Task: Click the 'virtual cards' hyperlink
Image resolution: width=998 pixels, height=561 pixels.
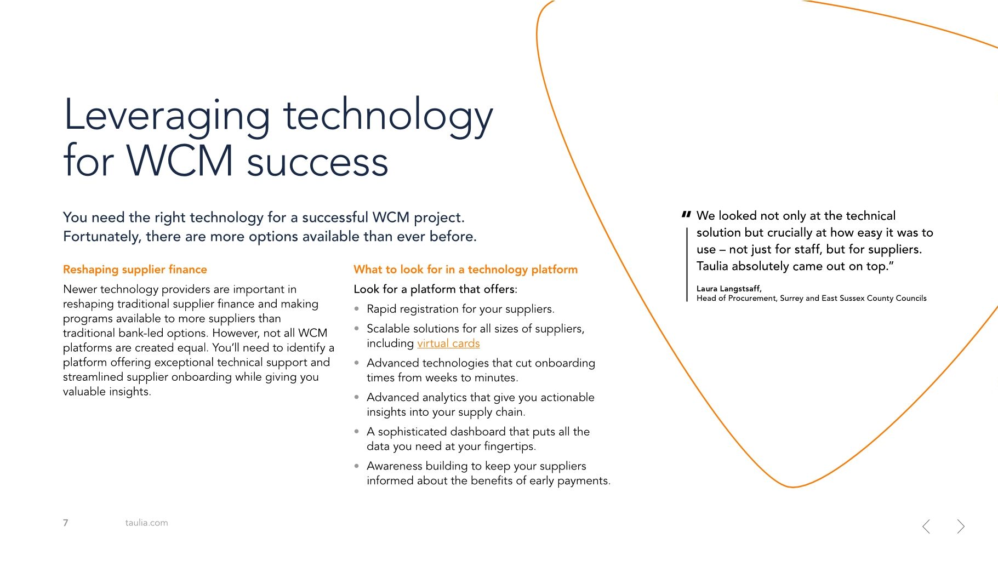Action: click(x=448, y=344)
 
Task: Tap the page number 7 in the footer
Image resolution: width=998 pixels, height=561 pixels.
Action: click(x=66, y=523)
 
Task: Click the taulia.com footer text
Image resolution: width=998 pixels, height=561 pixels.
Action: click(x=146, y=523)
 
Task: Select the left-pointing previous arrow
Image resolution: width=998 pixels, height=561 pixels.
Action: click(x=926, y=526)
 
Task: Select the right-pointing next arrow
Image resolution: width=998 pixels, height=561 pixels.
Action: click(x=961, y=526)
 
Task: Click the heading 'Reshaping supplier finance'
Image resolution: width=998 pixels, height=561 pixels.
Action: click(x=135, y=270)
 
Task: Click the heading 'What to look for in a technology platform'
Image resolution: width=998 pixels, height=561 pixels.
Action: click(x=465, y=270)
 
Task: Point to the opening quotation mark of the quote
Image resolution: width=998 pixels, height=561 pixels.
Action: click(x=686, y=215)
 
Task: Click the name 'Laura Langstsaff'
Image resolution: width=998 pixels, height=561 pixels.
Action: click(x=728, y=289)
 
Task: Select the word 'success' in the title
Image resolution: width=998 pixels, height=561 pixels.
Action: click(x=317, y=163)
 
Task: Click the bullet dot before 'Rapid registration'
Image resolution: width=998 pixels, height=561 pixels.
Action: click(x=357, y=309)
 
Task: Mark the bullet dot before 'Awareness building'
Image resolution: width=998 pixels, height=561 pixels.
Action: click(x=357, y=466)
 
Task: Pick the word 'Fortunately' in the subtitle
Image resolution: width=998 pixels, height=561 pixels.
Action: click(x=101, y=237)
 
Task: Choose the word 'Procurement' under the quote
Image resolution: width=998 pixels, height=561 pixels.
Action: click(x=752, y=299)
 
